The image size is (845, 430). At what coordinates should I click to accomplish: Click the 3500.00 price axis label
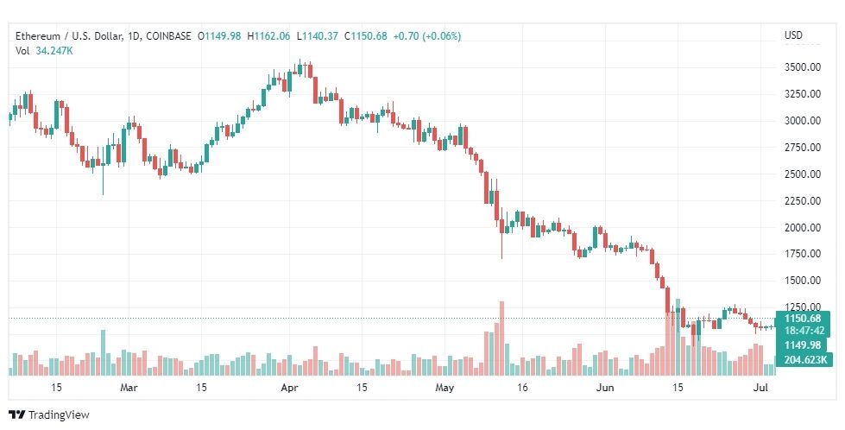(803, 67)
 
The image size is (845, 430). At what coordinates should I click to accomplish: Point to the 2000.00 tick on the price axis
(803, 227)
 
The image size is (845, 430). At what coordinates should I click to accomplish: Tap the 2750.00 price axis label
(803, 147)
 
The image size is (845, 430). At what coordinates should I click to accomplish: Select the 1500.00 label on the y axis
(803, 281)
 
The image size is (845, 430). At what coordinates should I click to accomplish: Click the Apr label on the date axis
(290, 388)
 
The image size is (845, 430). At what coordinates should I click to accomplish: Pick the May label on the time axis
(445, 388)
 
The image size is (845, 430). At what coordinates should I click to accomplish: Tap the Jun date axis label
(605, 388)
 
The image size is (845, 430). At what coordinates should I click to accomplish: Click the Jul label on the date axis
(760, 388)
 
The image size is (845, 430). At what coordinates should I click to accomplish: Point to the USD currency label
(793, 35)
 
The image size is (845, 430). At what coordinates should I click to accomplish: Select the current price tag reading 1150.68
(803, 319)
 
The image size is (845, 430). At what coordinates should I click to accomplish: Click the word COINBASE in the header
(168, 36)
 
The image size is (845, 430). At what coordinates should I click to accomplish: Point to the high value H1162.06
(268, 36)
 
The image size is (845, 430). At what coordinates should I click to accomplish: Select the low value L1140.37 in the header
(318, 36)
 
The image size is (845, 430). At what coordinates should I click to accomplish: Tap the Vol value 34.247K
(54, 52)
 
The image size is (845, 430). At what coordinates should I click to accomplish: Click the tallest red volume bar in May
(501, 338)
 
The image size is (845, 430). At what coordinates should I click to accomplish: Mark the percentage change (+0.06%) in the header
(442, 36)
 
